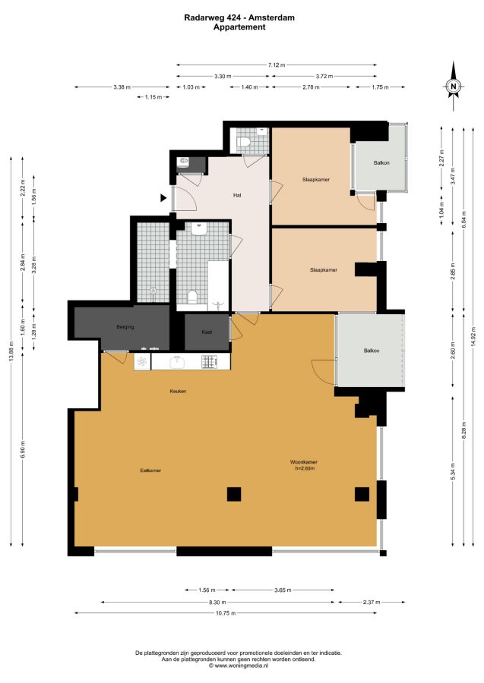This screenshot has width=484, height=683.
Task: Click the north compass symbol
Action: coord(454,86)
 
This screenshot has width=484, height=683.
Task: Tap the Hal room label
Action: coord(237,195)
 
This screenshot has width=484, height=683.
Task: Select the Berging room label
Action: coord(125,326)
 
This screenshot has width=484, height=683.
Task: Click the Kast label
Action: coord(207,332)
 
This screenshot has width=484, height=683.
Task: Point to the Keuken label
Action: coord(178,391)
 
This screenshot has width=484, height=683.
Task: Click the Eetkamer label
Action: coord(150,471)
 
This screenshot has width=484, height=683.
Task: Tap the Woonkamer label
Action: coord(304,461)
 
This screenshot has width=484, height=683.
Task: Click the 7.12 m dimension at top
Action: coord(277,65)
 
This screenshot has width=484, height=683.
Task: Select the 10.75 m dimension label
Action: coord(226,613)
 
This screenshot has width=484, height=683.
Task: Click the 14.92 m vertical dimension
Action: coord(473,336)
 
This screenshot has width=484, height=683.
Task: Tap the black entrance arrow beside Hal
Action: coord(163,198)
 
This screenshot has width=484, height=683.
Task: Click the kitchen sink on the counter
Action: coord(176,361)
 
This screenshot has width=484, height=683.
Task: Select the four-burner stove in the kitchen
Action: coord(209,361)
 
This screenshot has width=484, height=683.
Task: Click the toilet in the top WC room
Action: coord(243,142)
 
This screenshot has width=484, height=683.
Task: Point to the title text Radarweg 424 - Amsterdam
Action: coord(239,18)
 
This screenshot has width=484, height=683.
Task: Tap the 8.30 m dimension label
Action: coord(217,602)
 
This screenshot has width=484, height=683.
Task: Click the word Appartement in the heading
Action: coord(239,27)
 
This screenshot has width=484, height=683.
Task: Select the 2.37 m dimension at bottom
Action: coord(372,602)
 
